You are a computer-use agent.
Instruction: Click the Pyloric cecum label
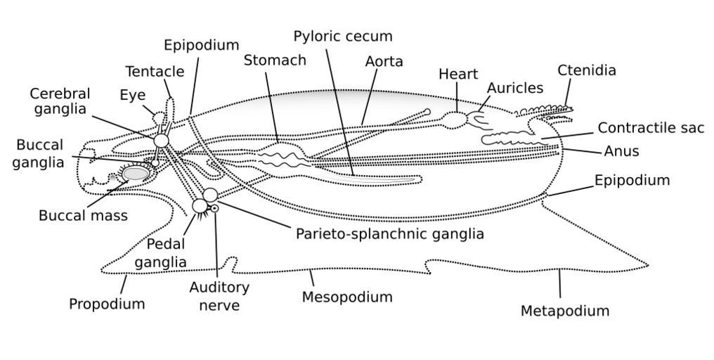pyautogui.click(x=343, y=37)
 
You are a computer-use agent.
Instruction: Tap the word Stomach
pyautogui.click(x=275, y=60)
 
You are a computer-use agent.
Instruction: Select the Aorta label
pyautogui.click(x=384, y=62)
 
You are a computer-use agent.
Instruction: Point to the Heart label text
pyautogui.click(x=457, y=75)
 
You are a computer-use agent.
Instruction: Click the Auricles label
pyautogui.click(x=515, y=89)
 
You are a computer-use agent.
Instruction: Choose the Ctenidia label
pyautogui.click(x=587, y=70)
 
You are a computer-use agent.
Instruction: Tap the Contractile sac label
pyautogui.click(x=651, y=128)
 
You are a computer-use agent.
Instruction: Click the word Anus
pyautogui.click(x=621, y=151)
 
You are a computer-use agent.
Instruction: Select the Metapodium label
pyautogui.click(x=565, y=311)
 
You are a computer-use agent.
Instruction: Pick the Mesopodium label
pyautogui.click(x=347, y=297)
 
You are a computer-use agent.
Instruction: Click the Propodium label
pyautogui.click(x=107, y=304)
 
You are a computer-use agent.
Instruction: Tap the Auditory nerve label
pyautogui.click(x=219, y=296)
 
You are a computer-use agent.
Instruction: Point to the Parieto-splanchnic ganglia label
pyautogui.click(x=389, y=234)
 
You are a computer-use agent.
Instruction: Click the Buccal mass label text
pyautogui.click(x=83, y=216)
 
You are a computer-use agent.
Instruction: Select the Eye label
pyautogui.click(x=132, y=96)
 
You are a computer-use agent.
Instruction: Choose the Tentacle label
pyautogui.click(x=155, y=72)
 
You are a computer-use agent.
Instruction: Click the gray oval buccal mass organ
pyautogui.click(x=136, y=173)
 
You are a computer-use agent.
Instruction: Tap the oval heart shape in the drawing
pyautogui.click(x=453, y=120)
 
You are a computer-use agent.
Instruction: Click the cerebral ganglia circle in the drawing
pyautogui.click(x=161, y=141)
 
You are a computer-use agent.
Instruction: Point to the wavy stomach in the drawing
pyautogui.click(x=281, y=155)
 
